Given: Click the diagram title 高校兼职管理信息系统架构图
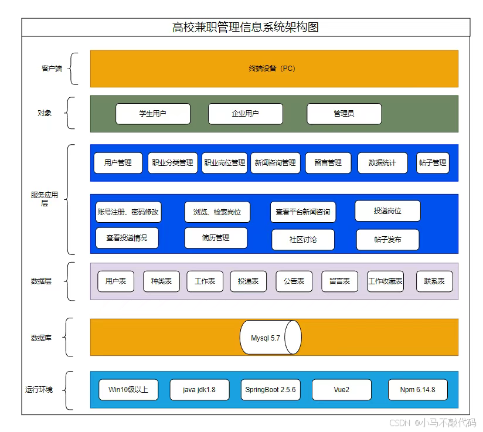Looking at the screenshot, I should pos(246,28).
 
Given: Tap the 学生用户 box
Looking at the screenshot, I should pos(153,114).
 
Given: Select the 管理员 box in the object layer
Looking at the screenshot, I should pos(344,114).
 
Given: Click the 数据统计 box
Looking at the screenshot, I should pos(382,163).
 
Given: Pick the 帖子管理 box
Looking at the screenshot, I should pos(432,163).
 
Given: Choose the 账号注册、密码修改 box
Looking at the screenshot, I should pos(128,212).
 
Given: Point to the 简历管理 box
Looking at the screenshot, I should pos(216,238).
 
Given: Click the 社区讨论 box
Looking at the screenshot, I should pos(303,240).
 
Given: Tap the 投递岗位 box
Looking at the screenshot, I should pos(387,211).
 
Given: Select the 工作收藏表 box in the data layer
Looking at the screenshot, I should pos(385,281).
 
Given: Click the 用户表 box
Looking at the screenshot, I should pos(115,281).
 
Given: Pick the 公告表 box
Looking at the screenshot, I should pos(294,281).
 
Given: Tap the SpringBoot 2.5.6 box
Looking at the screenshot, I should pos(270,390).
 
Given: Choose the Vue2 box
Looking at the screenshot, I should pos(341,390).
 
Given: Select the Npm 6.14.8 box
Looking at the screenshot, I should pos(417,390).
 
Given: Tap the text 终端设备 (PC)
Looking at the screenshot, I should pos(272,69).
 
